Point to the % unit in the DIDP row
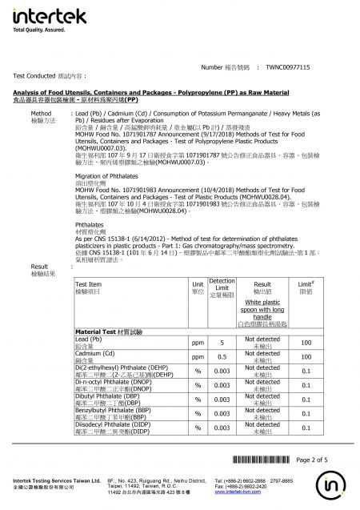197,428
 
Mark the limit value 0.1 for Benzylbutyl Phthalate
305,413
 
